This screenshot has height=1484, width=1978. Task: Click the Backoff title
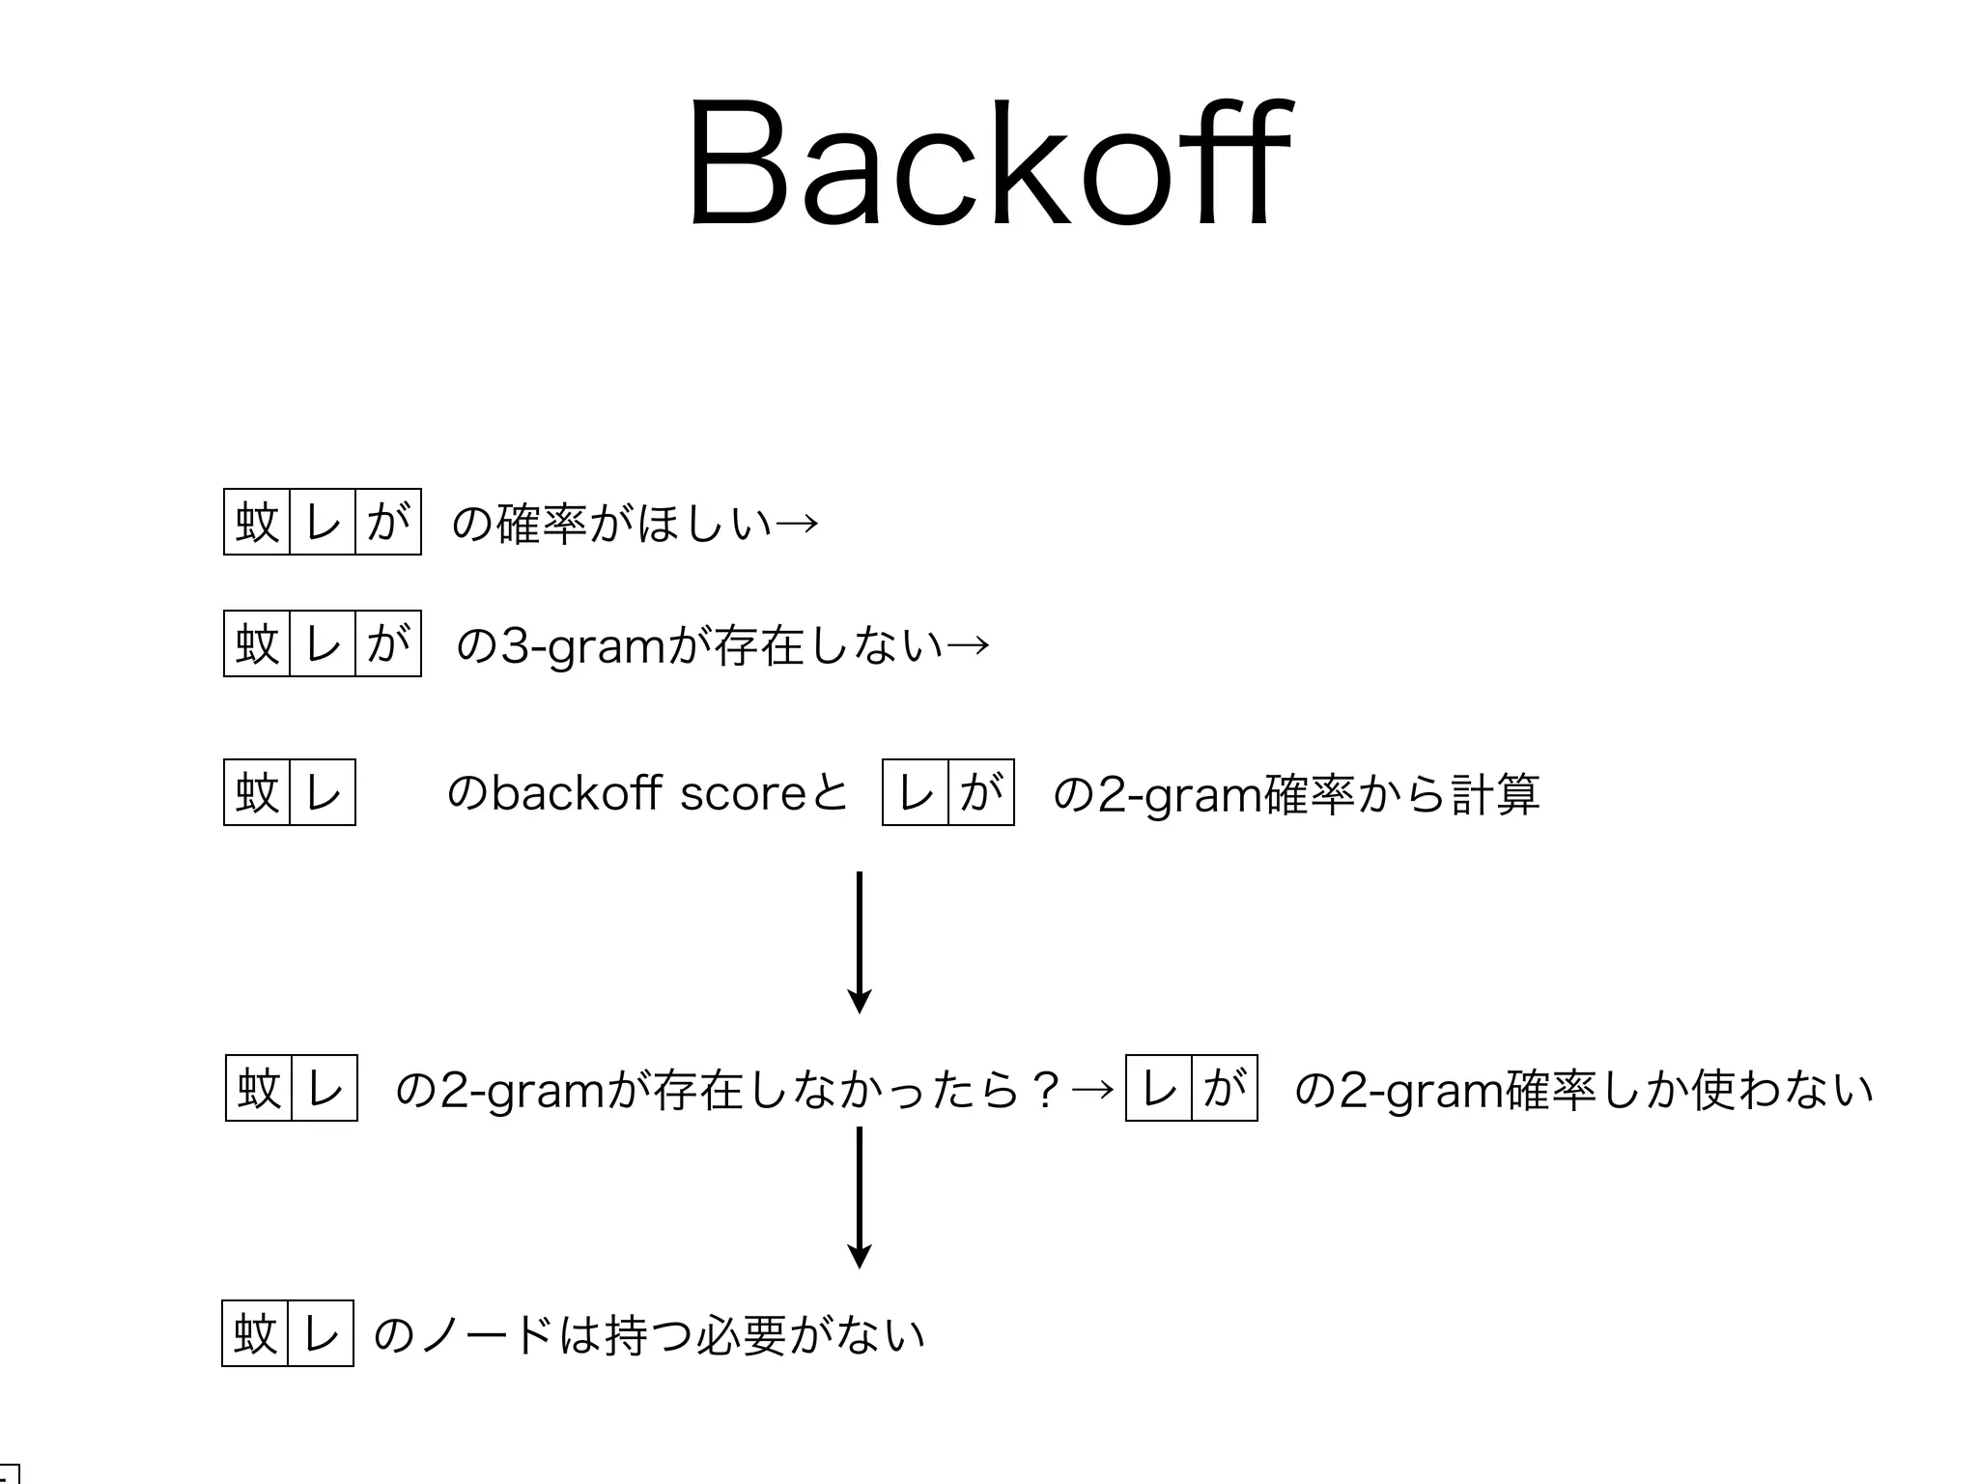coord(989,164)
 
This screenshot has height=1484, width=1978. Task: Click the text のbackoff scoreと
coord(647,793)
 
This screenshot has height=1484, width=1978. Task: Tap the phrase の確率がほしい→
coord(635,523)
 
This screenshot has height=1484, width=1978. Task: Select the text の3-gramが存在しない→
coord(721,644)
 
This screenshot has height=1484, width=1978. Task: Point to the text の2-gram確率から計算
coord(1295,793)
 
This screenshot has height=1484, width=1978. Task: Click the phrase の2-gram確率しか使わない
coord(1583,1089)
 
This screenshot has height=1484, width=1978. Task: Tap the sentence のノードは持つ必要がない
coord(649,1334)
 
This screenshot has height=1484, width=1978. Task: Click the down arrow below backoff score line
coord(859,942)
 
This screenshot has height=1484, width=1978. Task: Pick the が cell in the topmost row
coord(388,522)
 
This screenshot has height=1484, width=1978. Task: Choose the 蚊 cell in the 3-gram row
coord(257,643)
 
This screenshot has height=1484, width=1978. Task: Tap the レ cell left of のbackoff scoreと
coord(323,792)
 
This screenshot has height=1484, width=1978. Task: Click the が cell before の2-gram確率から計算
coord(981,792)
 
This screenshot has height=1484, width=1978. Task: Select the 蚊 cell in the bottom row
coord(255,1333)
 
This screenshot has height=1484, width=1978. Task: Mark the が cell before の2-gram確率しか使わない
coord(1225,1088)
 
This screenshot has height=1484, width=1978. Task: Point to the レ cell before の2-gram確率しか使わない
coord(1159,1088)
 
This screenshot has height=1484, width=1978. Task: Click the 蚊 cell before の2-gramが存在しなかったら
coord(259,1088)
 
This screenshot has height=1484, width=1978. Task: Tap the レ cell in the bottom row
coord(321,1333)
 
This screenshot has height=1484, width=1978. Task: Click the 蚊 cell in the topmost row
coord(257,522)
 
